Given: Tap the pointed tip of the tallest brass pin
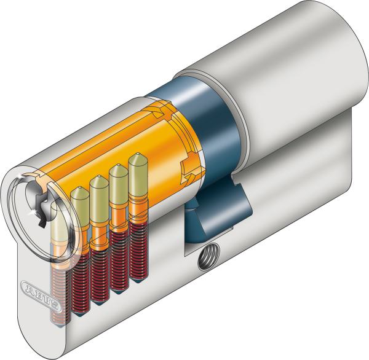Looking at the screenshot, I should click(135, 158).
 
